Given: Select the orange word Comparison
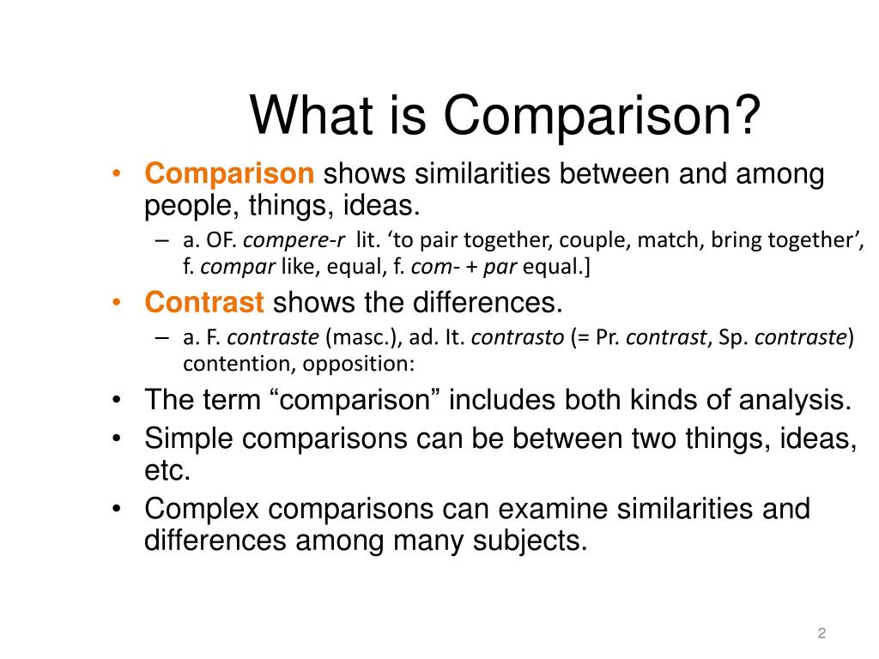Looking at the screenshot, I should (x=230, y=174).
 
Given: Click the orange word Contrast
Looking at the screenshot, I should (x=204, y=302).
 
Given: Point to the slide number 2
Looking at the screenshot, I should (x=821, y=633).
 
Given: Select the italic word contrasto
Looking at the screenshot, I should (x=518, y=337).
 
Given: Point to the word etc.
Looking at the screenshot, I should (x=167, y=471).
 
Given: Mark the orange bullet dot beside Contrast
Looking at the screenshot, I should (x=117, y=303).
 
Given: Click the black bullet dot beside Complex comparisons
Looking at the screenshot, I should (x=117, y=510).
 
